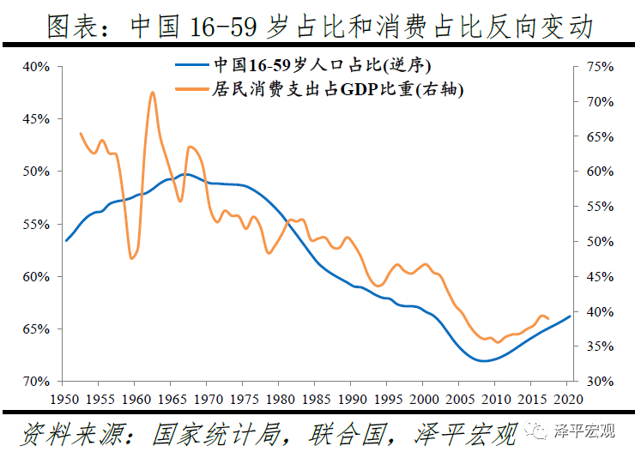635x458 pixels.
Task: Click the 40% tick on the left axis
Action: (x=38, y=66)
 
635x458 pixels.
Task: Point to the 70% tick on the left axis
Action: (x=38, y=381)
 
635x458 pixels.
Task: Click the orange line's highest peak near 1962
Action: (x=152, y=92)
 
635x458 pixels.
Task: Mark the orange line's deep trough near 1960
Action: (x=132, y=258)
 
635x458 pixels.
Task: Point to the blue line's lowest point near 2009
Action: (x=484, y=361)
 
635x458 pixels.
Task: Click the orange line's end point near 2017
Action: (x=548, y=319)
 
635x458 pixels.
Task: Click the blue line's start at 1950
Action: (x=66, y=241)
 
